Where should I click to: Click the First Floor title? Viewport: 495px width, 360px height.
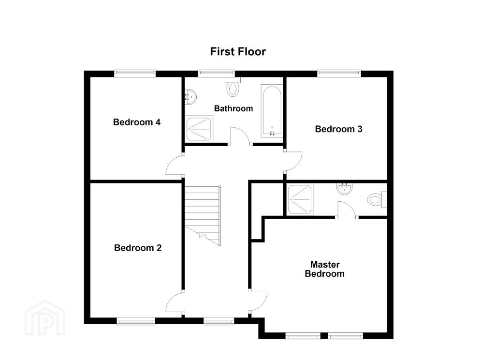point(238,51)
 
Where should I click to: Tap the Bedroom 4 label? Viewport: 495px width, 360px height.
point(137,122)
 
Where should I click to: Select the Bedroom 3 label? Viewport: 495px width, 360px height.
point(338,129)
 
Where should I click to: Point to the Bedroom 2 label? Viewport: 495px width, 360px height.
point(138,248)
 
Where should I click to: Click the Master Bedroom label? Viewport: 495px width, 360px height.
point(324,269)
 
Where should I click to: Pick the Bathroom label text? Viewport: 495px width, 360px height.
point(233,108)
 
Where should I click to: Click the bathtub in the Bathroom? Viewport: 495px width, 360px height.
point(272,111)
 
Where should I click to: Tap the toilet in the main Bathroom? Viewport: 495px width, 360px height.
point(233,86)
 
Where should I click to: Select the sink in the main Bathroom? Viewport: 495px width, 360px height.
point(190,96)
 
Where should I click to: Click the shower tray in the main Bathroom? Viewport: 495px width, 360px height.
point(199,129)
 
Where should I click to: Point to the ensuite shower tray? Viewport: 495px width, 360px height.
point(300,199)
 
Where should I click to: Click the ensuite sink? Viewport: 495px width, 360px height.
point(344,189)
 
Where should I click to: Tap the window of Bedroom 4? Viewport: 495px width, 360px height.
point(135,74)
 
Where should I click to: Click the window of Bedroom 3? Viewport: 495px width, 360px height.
point(339,74)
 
